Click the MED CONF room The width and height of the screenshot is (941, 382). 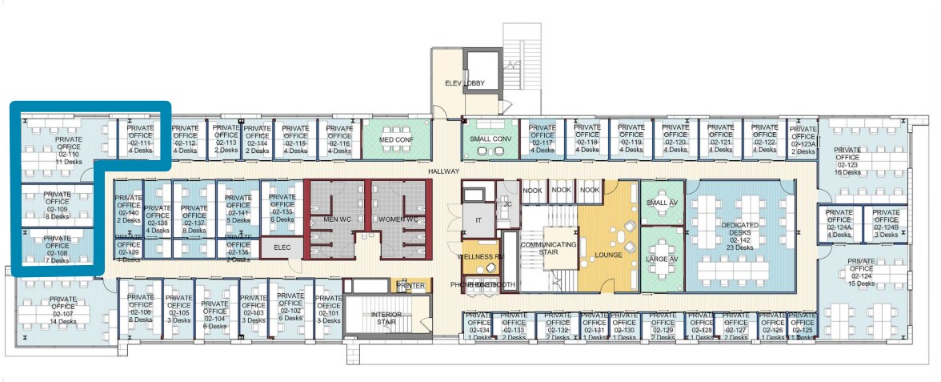point(396,138)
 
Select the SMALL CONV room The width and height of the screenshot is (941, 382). point(490,138)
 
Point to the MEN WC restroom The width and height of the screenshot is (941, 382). point(334,219)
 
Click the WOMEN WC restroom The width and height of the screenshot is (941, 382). point(398,219)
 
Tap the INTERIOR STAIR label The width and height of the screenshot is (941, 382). point(386,319)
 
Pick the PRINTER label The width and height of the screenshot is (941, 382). point(411,286)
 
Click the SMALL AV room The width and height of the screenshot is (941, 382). point(661,203)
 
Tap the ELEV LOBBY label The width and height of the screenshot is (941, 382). point(465,83)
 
